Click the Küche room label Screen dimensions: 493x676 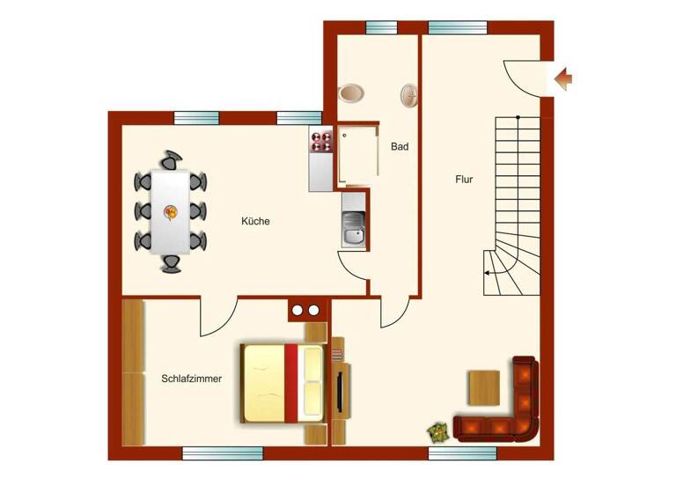point(255,221)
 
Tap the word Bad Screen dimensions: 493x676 point(400,147)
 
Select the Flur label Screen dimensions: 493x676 point(465,179)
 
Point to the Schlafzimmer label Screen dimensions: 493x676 point(191,379)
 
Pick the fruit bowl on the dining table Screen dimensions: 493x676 point(171,210)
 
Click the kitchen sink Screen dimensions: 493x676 point(353,234)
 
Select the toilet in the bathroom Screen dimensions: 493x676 point(353,92)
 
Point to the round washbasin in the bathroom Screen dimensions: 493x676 point(409,95)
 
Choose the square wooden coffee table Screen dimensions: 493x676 point(483,386)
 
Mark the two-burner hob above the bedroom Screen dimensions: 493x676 point(305,310)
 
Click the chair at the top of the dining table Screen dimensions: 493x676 point(171,160)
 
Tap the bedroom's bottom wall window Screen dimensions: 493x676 point(211,453)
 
